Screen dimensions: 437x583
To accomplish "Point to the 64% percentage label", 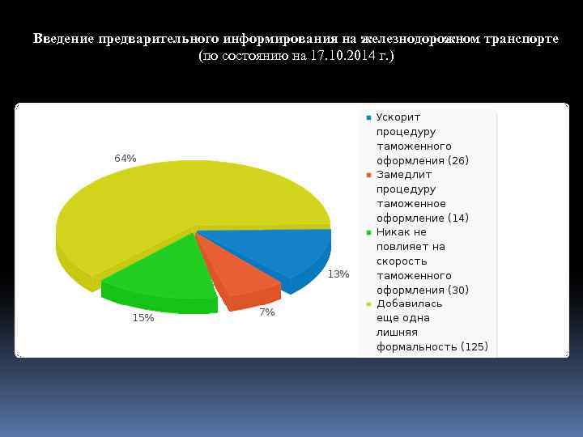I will point(125,159).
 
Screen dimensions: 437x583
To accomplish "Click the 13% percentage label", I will point(338,274).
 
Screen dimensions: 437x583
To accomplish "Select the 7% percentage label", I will point(267,312).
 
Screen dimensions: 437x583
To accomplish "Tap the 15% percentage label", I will point(143,318).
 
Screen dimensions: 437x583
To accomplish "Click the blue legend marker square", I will point(368,117).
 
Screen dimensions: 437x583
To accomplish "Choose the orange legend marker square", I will point(368,175).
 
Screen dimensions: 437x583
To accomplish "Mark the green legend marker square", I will point(368,232).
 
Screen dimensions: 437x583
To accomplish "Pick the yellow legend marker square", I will point(368,304).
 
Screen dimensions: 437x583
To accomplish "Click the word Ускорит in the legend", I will point(398,117).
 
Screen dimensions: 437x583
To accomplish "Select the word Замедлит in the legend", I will point(404,175).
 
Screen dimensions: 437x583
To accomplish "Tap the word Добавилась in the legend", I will point(409,304).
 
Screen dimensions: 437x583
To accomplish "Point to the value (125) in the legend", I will point(474,347).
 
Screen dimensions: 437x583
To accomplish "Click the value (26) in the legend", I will point(457,160).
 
